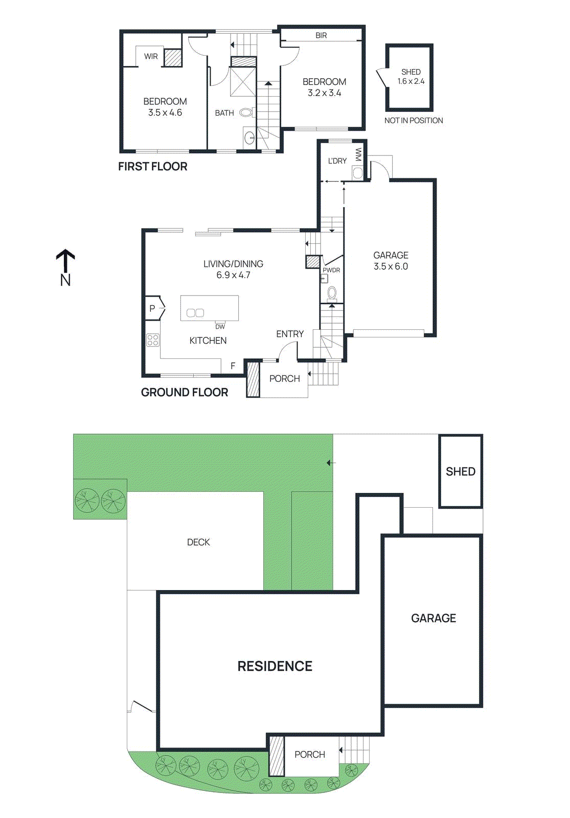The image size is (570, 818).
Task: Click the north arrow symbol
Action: [65, 261]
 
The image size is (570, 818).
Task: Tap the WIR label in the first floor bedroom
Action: [151, 56]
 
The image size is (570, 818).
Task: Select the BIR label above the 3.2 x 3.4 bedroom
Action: [321, 35]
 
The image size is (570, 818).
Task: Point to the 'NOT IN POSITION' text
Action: [414, 121]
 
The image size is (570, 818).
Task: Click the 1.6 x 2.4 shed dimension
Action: [411, 81]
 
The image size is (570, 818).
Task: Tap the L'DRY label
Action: [337, 161]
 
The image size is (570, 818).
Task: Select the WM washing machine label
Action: [358, 154]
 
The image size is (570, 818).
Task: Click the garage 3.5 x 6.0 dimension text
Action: [391, 266]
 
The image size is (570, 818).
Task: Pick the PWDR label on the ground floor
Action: [331, 270]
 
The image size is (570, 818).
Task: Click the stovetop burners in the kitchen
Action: [153, 340]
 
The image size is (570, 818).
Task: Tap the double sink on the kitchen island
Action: [195, 313]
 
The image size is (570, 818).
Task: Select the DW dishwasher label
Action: [220, 327]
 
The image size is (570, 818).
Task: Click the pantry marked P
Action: [152, 308]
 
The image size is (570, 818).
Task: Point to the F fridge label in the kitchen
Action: [233, 366]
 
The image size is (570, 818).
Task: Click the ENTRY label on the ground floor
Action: [290, 334]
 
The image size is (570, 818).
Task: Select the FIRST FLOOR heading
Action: [152, 166]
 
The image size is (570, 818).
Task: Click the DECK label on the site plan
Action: [198, 542]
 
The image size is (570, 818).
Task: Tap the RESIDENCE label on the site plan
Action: [275, 666]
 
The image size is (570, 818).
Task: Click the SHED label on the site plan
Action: [460, 471]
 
